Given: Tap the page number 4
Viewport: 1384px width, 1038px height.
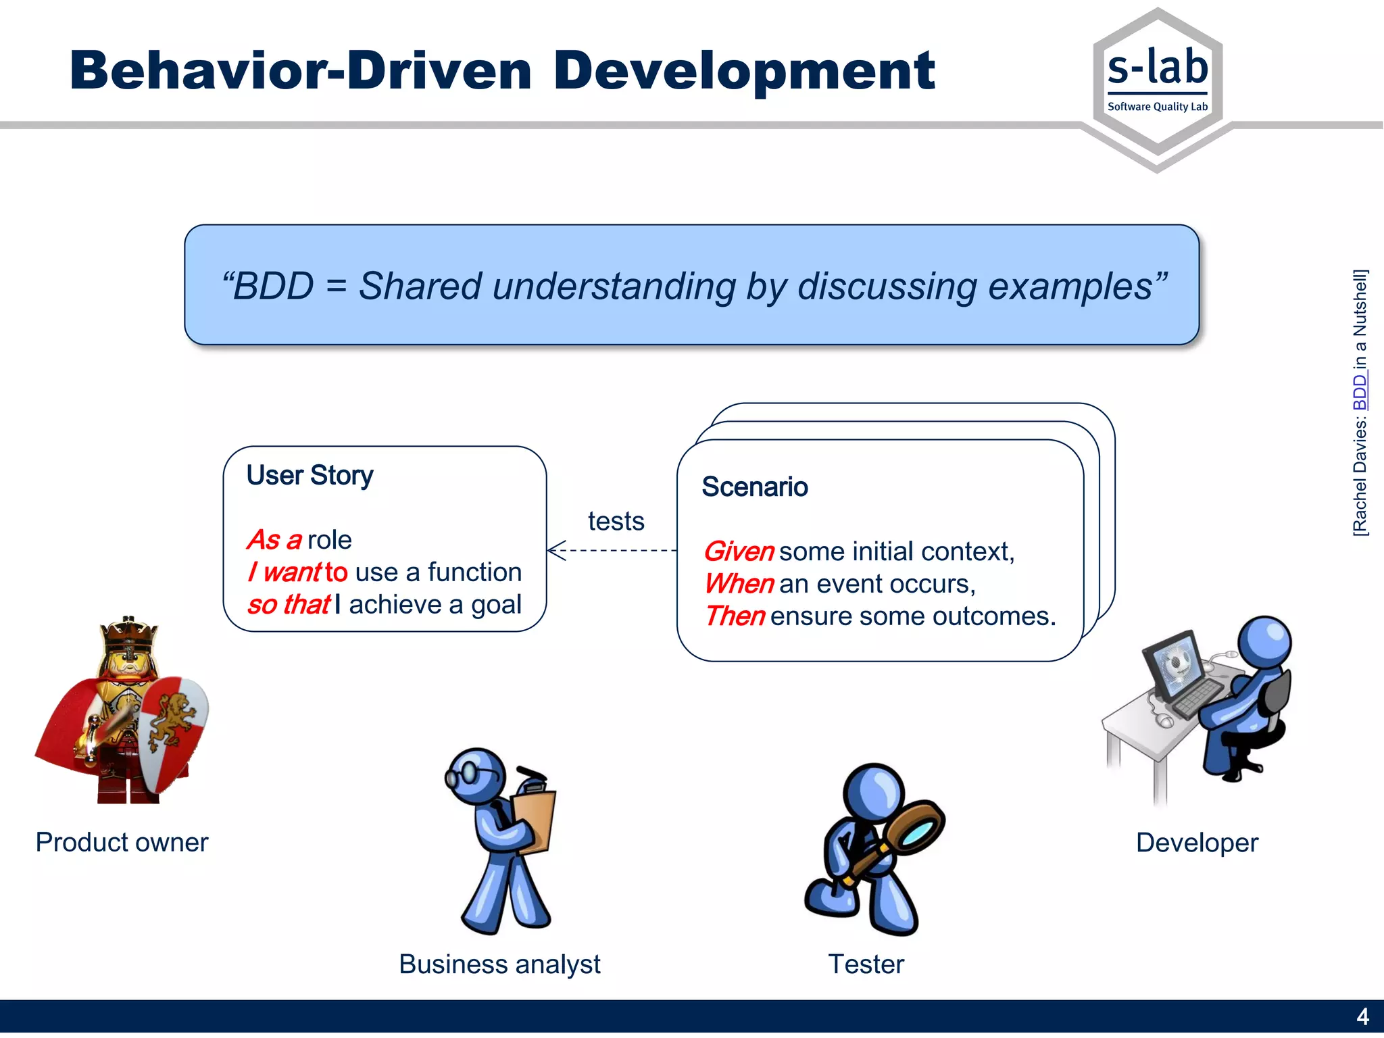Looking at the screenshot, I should click(x=1362, y=1016).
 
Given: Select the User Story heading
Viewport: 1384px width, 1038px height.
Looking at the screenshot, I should click(x=310, y=475).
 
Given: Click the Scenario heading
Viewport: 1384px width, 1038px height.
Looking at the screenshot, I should click(x=754, y=487).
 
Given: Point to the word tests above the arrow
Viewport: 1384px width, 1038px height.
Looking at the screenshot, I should click(x=616, y=521).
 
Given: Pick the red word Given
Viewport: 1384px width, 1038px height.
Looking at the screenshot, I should click(x=738, y=551).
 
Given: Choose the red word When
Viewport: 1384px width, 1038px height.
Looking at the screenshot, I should click(x=739, y=584).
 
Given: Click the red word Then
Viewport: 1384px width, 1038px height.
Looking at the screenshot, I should click(x=735, y=616).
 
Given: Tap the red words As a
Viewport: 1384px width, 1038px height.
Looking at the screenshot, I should click(x=274, y=540).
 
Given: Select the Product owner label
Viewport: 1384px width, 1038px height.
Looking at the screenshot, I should click(x=122, y=842).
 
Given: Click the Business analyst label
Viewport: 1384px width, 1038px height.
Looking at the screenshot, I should click(x=499, y=964).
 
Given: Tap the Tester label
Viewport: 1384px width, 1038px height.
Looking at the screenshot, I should click(x=866, y=964).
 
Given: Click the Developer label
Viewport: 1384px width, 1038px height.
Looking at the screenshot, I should click(x=1197, y=843).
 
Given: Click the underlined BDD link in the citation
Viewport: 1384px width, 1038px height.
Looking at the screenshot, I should click(x=1360, y=392).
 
